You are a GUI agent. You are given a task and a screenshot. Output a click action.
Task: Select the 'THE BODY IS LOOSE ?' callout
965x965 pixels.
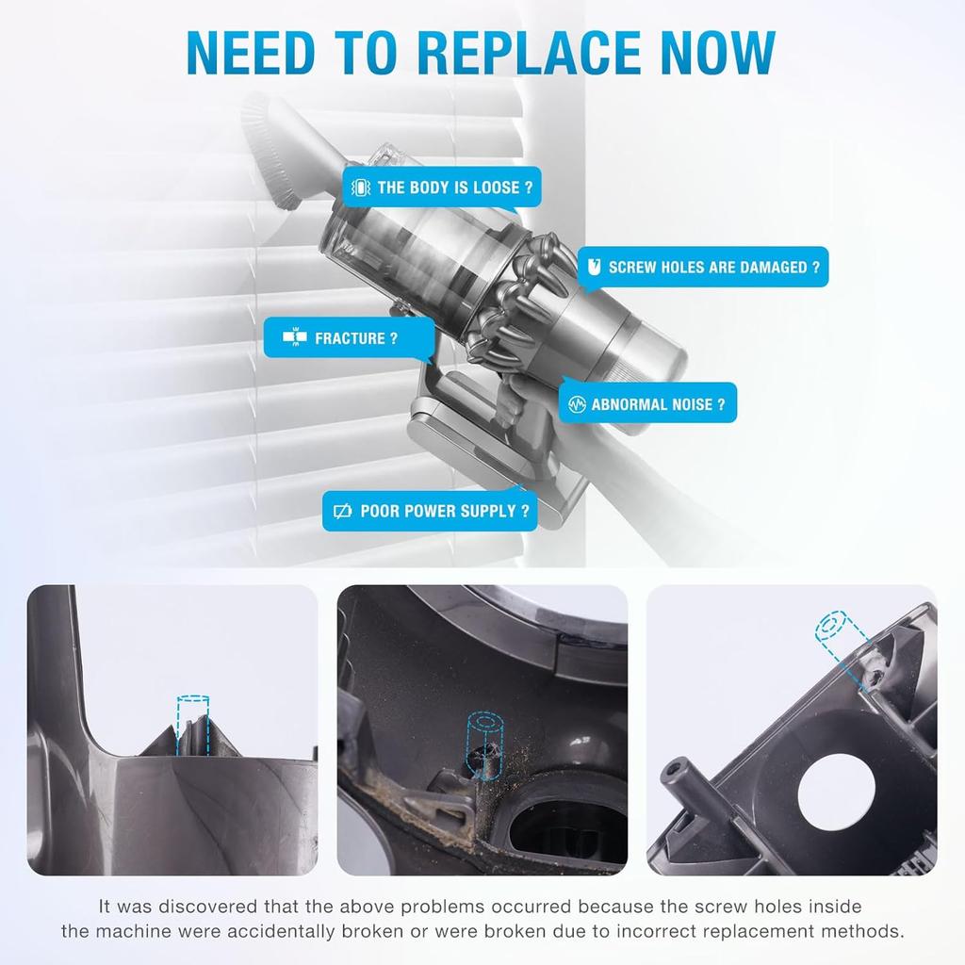point(442,188)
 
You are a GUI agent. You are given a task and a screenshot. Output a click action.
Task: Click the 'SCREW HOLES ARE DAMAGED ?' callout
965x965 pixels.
point(702,268)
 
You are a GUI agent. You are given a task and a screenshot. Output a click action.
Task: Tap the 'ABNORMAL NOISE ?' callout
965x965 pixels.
point(648,404)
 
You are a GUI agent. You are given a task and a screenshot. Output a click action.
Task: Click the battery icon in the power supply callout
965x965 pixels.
point(343,512)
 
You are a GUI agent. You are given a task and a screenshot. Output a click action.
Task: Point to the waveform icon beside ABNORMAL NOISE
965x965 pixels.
point(578,404)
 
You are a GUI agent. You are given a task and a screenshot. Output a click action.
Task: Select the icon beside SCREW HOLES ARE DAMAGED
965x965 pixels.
point(594,268)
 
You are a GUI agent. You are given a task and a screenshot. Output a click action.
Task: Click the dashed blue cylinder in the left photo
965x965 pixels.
point(193,723)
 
